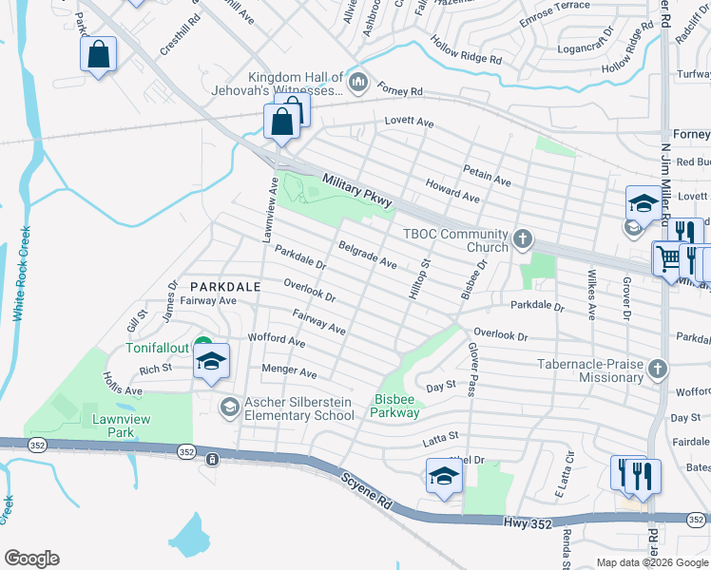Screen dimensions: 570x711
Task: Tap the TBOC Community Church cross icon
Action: pyautogui.click(x=522, y=240)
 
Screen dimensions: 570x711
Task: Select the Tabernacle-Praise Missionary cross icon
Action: pyautogui.click(x=657, y=368)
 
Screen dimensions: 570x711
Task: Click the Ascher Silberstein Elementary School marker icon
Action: pyautogui.click(x=228, y=408)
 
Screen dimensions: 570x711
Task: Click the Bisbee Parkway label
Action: pyautogui.click(x=395, y=406)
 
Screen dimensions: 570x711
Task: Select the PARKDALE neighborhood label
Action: pyautogui.click(x=223, y=286)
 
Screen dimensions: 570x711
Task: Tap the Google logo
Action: pyautogui.click(x=31, y=559)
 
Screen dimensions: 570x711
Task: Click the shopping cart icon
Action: pyautogui.click(x=667, y=257)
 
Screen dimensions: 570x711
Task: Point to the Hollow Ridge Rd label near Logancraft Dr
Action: pyautogui.click(x=466, y=50)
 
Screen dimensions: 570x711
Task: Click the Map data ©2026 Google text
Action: pyautogui.click(x=651, y=562)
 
